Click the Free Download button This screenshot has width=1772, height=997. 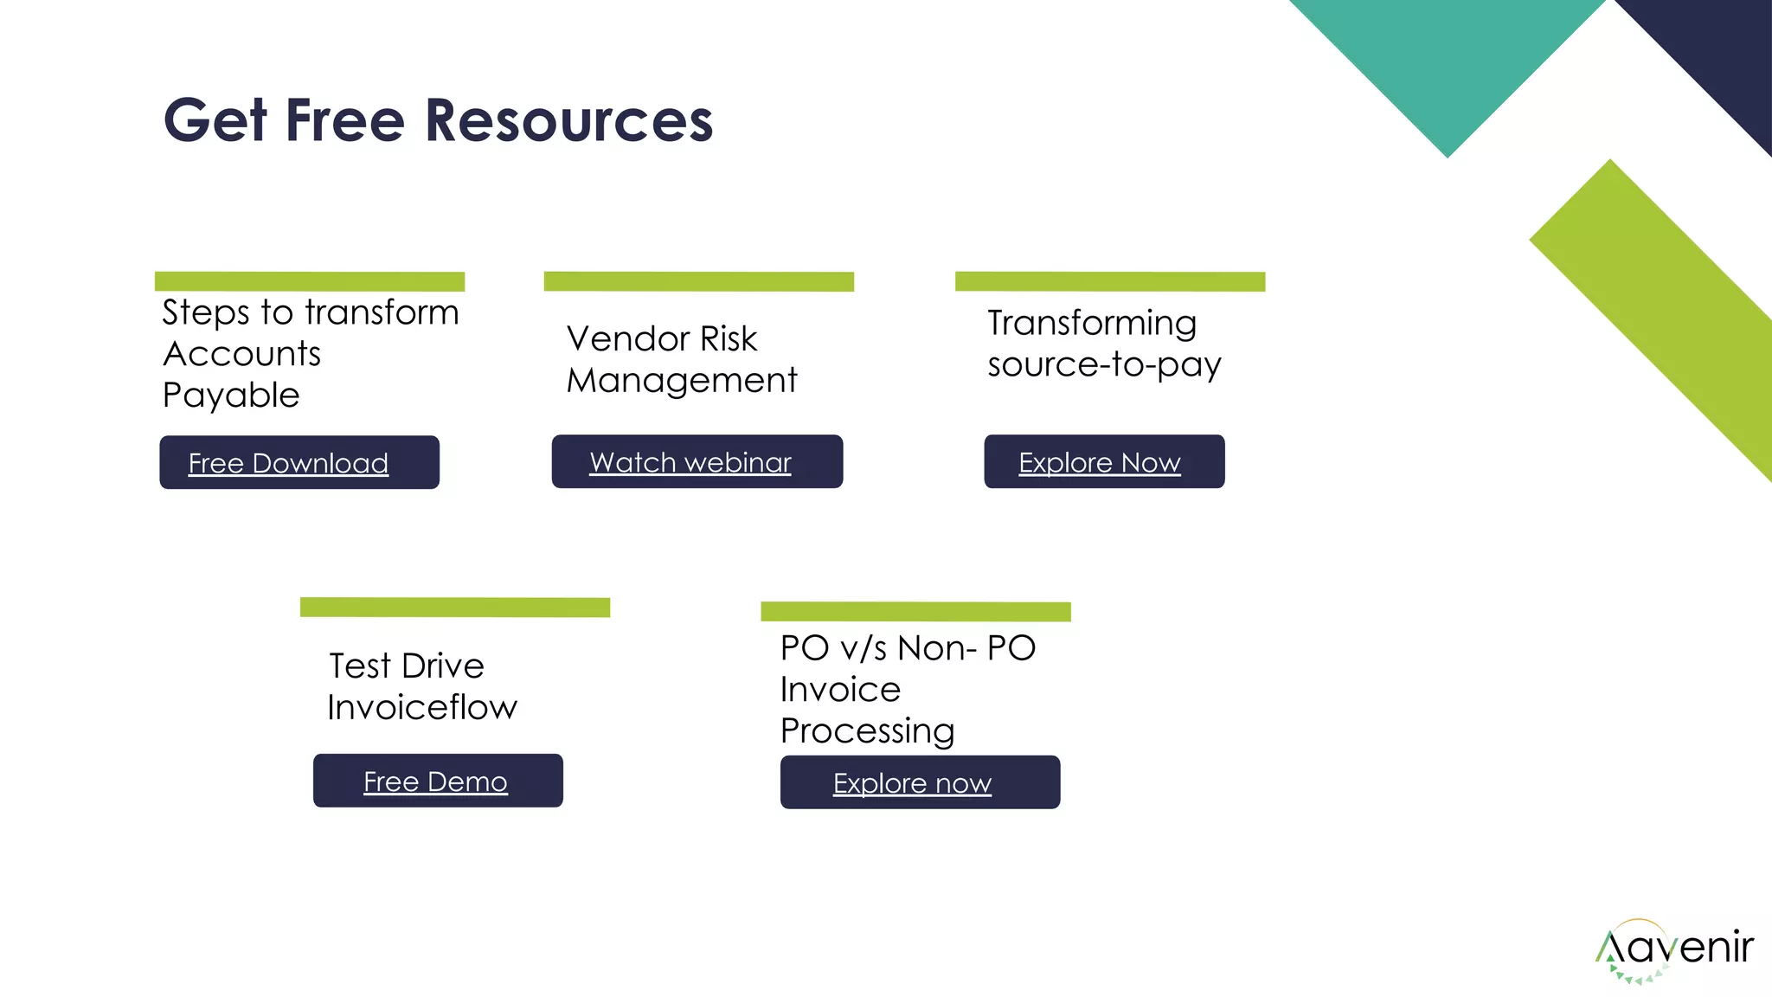(299, 462)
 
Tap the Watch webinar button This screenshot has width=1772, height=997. (697, 461)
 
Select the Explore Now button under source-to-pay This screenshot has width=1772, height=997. (1103, 461)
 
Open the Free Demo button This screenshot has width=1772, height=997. (437, 781)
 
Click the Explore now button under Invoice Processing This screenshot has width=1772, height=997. (919, 782)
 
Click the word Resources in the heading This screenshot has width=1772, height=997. (568, 120)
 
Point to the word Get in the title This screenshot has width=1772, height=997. (215, 120)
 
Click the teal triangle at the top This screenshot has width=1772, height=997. (1448, 61)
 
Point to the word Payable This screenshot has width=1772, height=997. (231, 396)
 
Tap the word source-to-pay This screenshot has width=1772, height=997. (1103, 365)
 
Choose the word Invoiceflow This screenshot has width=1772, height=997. (422, 708)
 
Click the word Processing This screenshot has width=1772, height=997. (867, 731)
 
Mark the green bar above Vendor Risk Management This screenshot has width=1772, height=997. (698, 281)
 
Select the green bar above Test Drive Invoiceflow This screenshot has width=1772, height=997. (454, 607)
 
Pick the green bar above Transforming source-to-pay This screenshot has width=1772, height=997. (1109, 281)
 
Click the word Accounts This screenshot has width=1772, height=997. (241, 354)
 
